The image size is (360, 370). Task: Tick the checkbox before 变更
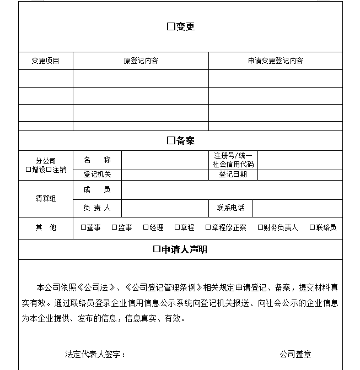click(170, 27)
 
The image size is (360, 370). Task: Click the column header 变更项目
click(45, 61)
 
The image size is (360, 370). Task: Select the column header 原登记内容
click(141, 61)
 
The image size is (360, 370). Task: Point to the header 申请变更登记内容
click(275, 61)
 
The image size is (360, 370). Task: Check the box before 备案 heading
click(171, 141)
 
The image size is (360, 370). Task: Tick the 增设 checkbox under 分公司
click(29, 170)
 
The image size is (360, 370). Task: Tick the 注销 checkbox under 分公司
click(49, 170)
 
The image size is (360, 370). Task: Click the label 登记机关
click(97, 175)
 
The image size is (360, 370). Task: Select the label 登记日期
click(233, 175)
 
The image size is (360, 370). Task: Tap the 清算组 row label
click(45, 199)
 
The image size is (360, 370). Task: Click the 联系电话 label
click(230, 208)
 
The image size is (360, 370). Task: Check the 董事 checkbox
click(83, 227)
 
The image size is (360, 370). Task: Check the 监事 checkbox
click(115, 227)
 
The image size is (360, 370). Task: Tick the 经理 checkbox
click(146, 227)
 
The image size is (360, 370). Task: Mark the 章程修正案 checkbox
click(208, 227)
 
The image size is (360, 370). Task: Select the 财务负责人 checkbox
click(260, 227)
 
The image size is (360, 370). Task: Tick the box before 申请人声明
click(157, 249)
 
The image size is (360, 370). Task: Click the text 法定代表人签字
click(95, 354)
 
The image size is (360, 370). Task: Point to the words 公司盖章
click(295, 354)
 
